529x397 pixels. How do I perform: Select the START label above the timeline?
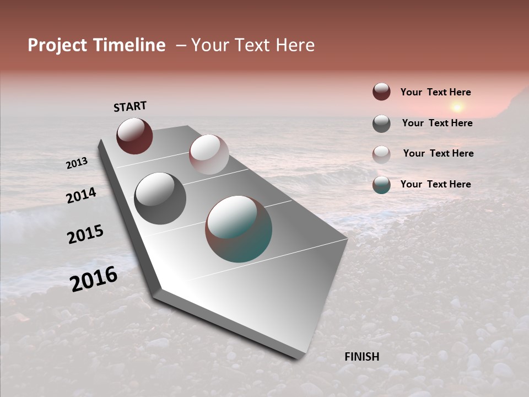point(130,106)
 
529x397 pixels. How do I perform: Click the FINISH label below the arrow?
point(362,357)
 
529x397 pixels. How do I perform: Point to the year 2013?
point(77,163)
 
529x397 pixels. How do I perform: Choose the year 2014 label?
point(82,195)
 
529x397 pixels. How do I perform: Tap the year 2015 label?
point(85,234)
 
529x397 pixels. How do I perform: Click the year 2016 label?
point(94,278)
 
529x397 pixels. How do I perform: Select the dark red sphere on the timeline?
point(134,136)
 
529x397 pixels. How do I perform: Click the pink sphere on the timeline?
point(209,154)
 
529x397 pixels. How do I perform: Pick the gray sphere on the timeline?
point(160,198)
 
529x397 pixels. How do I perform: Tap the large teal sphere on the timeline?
point(239,229)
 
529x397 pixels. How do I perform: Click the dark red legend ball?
point(381,92)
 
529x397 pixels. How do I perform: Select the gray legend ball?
point(381,124)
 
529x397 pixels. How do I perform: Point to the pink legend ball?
point(381,154)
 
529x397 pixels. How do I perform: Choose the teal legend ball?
point(381,185)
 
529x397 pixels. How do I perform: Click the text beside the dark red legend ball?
point(435,92)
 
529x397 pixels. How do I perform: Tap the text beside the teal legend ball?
point(435,184)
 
